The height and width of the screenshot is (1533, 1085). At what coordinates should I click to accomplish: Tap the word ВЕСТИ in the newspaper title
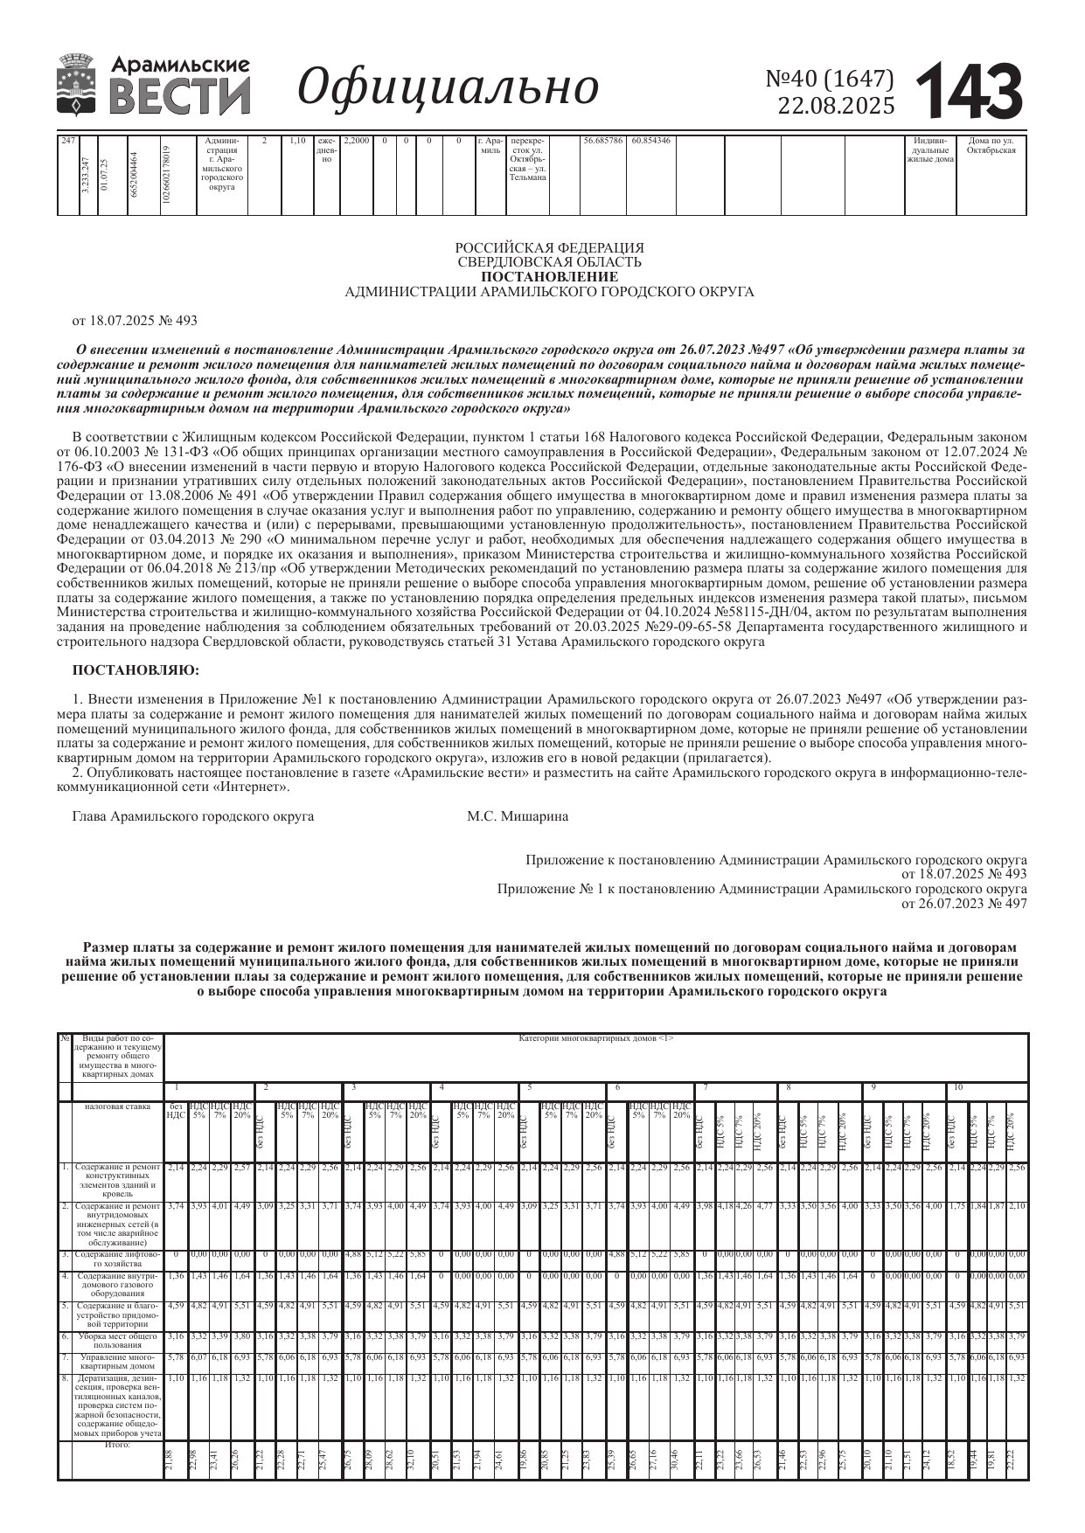click(182, 95)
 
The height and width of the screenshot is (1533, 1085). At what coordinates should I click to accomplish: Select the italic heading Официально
click(449, 87)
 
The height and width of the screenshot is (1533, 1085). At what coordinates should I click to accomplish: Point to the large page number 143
click(970, 90)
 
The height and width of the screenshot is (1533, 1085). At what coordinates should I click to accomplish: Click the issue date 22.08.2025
click(836, 107)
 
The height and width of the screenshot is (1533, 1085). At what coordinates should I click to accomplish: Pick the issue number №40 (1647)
click(830, 80)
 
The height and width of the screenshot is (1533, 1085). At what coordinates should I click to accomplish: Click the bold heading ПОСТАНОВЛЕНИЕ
click(549, 277)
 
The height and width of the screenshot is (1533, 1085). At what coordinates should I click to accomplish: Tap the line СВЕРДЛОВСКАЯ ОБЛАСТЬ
click(549, 262)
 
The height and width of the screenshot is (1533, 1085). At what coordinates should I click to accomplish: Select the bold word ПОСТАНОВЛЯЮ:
click(136, 670)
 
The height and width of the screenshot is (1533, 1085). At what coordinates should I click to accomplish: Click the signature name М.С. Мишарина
click(518, 816)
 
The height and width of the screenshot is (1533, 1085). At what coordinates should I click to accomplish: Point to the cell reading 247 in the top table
click(67, 141)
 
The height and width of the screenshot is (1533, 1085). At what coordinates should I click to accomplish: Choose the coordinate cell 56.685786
click(602, 141)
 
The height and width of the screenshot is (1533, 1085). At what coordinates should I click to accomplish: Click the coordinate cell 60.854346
click(650, 141)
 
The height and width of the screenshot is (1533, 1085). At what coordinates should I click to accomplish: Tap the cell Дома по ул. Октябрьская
click(991, 146)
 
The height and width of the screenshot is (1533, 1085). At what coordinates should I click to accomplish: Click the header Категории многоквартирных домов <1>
click(595, 1038)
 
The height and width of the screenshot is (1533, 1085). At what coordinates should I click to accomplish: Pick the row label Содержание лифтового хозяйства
click(117, 1259)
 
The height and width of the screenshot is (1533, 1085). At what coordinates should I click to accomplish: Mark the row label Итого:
click(117, 1445)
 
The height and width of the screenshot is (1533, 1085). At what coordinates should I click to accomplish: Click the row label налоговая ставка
click(117, 1106)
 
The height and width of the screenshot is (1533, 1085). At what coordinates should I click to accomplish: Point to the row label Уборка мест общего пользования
click(117, 1340)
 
